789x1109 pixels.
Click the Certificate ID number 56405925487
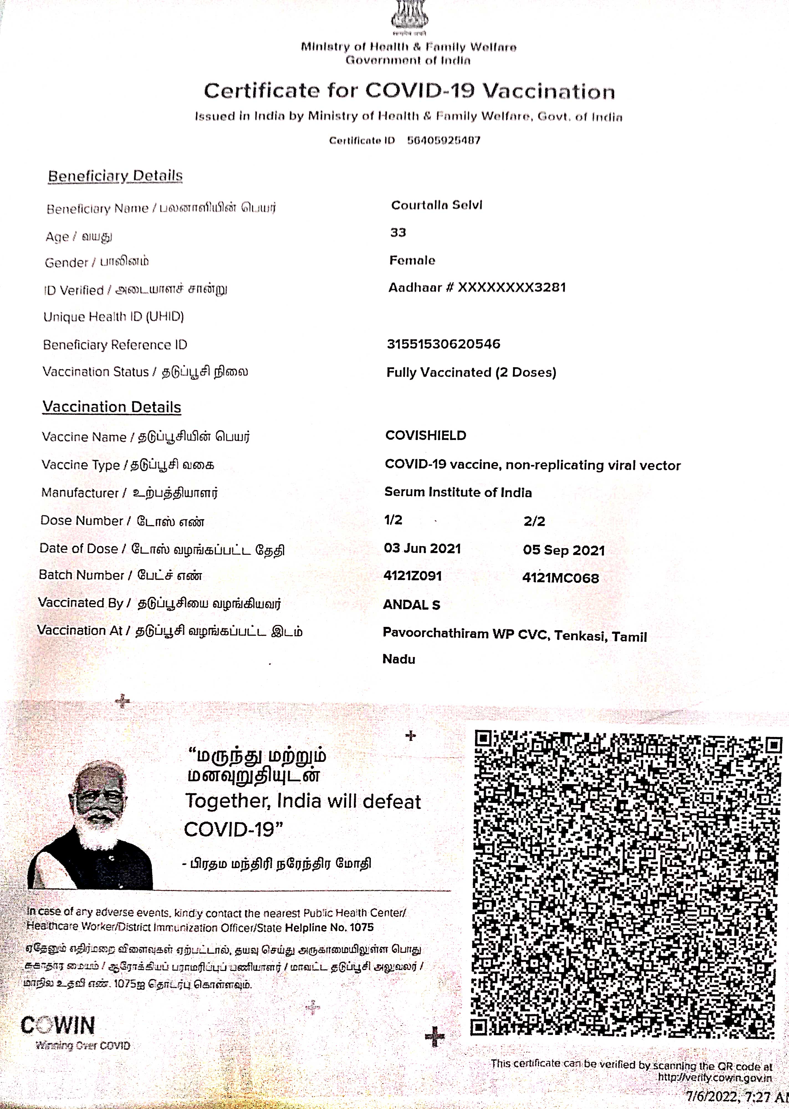tap(444, 141)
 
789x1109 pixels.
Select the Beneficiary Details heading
tap(115, 176)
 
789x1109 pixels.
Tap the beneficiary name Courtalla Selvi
tap(436, 205)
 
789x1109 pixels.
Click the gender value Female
tap(412, 261)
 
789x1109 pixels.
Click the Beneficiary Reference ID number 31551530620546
tap(443, 344)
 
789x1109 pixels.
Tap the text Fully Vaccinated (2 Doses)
tap(471, 372)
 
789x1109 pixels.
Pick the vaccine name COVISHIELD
tap(426, 436)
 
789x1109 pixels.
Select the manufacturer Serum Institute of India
tap(458, 492)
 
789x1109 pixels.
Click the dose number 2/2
tap(534, 522)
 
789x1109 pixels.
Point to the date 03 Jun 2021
tap(422, 549)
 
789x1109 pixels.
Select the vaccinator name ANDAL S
tap(412, 605)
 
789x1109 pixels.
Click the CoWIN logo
tap(58, 1026)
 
